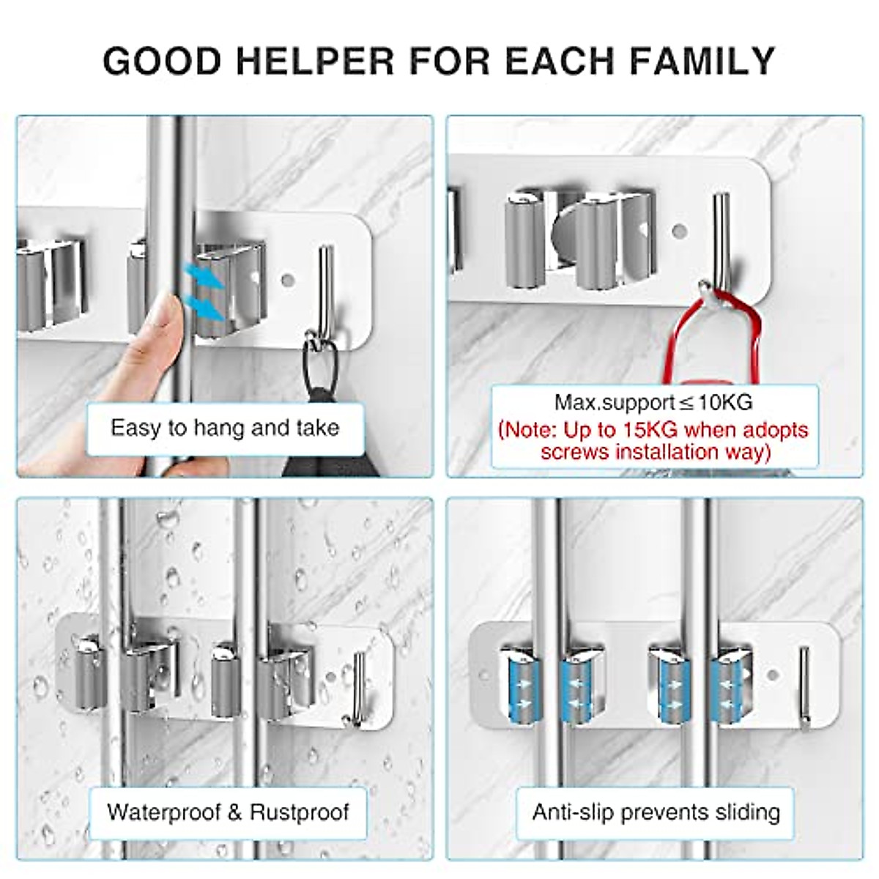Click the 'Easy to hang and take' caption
click(x=225, y=428)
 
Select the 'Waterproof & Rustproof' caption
click(x=228, y=812)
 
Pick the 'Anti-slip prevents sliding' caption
click(x=656, y=812)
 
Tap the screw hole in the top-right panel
click(x=679, y=231)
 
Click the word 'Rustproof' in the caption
click(x=299, y=812)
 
